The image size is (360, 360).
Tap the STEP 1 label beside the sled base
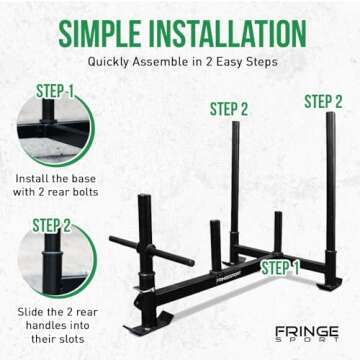[x=281, y=267]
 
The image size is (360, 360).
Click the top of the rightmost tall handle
[x=329, y=118]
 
